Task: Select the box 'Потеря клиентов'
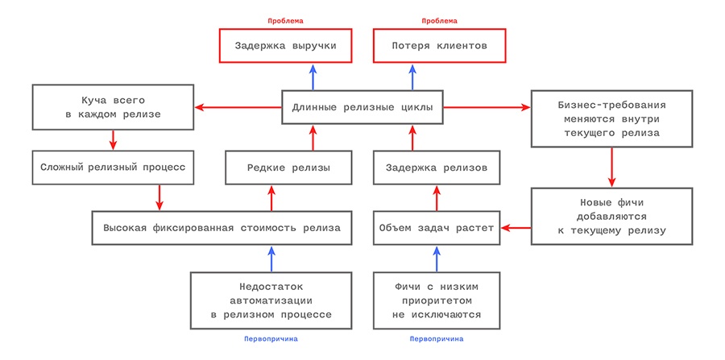[x=440, y=47]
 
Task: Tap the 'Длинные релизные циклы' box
[x=362, y=107]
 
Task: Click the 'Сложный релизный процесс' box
[x=114, y=168]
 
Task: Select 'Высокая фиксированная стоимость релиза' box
[x=222, y=228]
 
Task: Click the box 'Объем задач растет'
[x=437, y=228]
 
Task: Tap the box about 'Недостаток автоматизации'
[x=271, y=300]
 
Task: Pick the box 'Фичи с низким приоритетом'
[x=437, y=300]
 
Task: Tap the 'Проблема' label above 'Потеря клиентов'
[x=440, y=19]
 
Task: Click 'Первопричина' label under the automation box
[x=271, y=339]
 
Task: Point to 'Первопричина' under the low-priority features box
[x=437, y=339]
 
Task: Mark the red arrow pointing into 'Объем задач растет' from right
[x=516, y=229]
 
